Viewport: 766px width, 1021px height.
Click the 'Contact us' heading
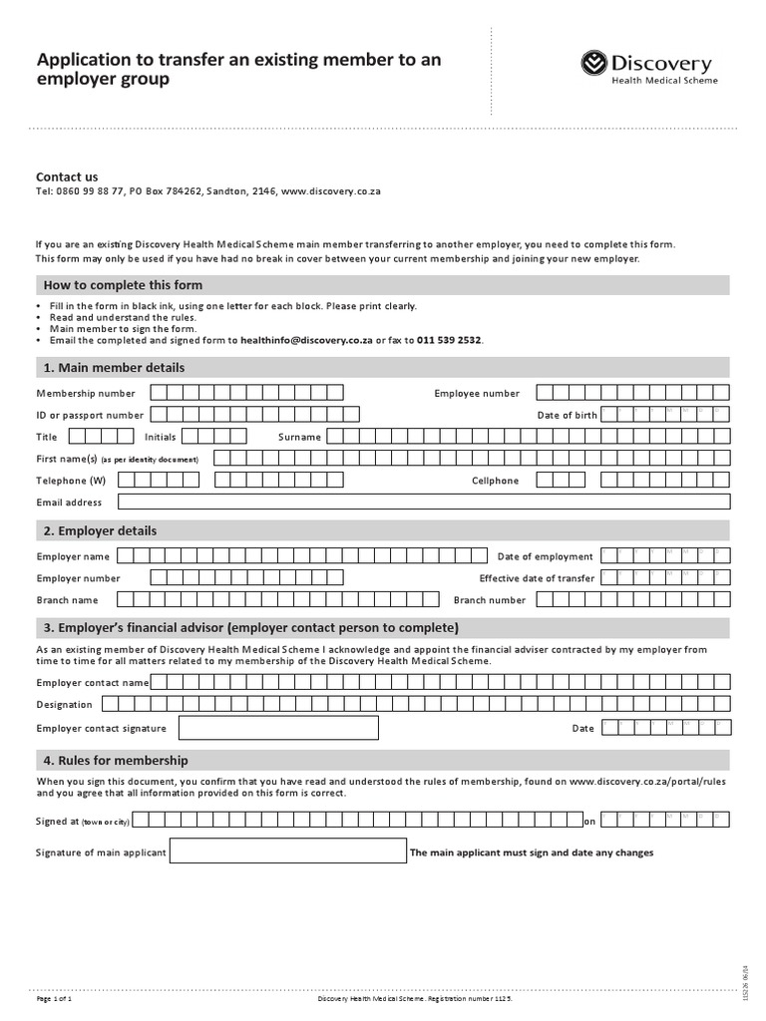[x=67, y=176]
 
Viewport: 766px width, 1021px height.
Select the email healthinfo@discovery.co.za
[x=306, y=340]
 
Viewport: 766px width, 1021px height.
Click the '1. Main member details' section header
[x=114, y=368]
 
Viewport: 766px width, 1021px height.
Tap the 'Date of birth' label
[x=567, y=415]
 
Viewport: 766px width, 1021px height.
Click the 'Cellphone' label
[x=495, y=481]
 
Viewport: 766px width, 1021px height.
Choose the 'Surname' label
[x=299, y=437]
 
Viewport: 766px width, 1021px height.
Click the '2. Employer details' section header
[x=100, y=530]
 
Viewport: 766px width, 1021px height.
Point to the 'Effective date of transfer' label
[x=537, y=578]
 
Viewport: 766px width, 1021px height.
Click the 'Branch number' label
[x=489, y=600]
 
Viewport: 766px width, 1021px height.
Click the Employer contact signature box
[x=279, y=728]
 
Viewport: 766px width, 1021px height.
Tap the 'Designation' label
[x=64, y=705]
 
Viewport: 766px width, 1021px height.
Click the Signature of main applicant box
[x=288, y=852]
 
